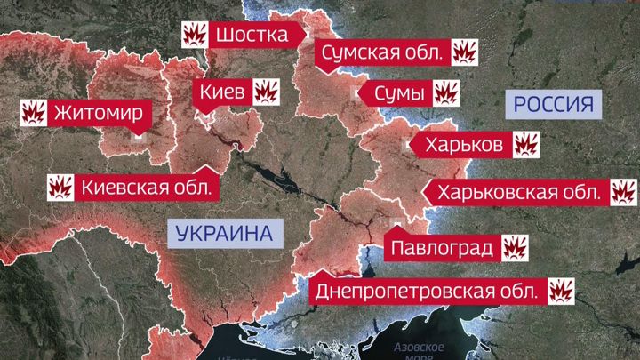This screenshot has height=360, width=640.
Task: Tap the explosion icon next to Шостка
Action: (195, 35)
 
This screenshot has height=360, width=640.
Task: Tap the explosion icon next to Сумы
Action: (444, 92)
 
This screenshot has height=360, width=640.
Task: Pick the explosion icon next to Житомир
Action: (34, 113)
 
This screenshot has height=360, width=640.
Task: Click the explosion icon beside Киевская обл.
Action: (60, 188)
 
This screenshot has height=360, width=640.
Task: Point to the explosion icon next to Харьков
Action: (527, 144)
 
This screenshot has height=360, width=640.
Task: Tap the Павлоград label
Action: (440, 245)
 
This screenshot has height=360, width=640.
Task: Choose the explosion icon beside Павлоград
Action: (516, 245)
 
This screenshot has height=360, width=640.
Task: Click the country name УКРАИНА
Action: (223, 235)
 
